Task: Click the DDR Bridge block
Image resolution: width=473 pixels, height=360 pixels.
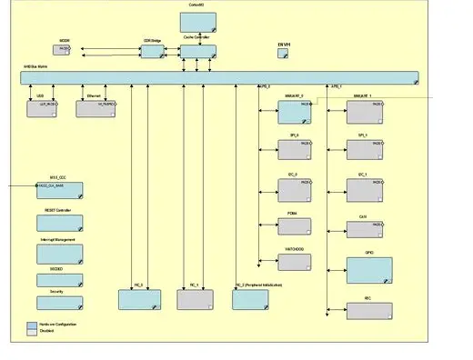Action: click(152, 51)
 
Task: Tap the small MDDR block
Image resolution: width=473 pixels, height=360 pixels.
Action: click(65, 51)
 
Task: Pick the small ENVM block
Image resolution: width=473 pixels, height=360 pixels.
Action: click(283, 54)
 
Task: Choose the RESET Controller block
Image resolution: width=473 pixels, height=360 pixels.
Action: click(59, 222)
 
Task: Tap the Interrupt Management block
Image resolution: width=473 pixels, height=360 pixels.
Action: click(59, 252)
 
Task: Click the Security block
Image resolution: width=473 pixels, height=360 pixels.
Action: click(59, 302)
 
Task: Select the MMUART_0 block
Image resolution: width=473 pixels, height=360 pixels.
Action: click(295, 112)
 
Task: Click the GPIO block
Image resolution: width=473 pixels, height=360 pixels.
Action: click(368, 270)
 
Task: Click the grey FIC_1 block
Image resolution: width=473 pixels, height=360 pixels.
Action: click(195, 299)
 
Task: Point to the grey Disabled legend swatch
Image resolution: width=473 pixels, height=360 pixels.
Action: click(31, 332)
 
